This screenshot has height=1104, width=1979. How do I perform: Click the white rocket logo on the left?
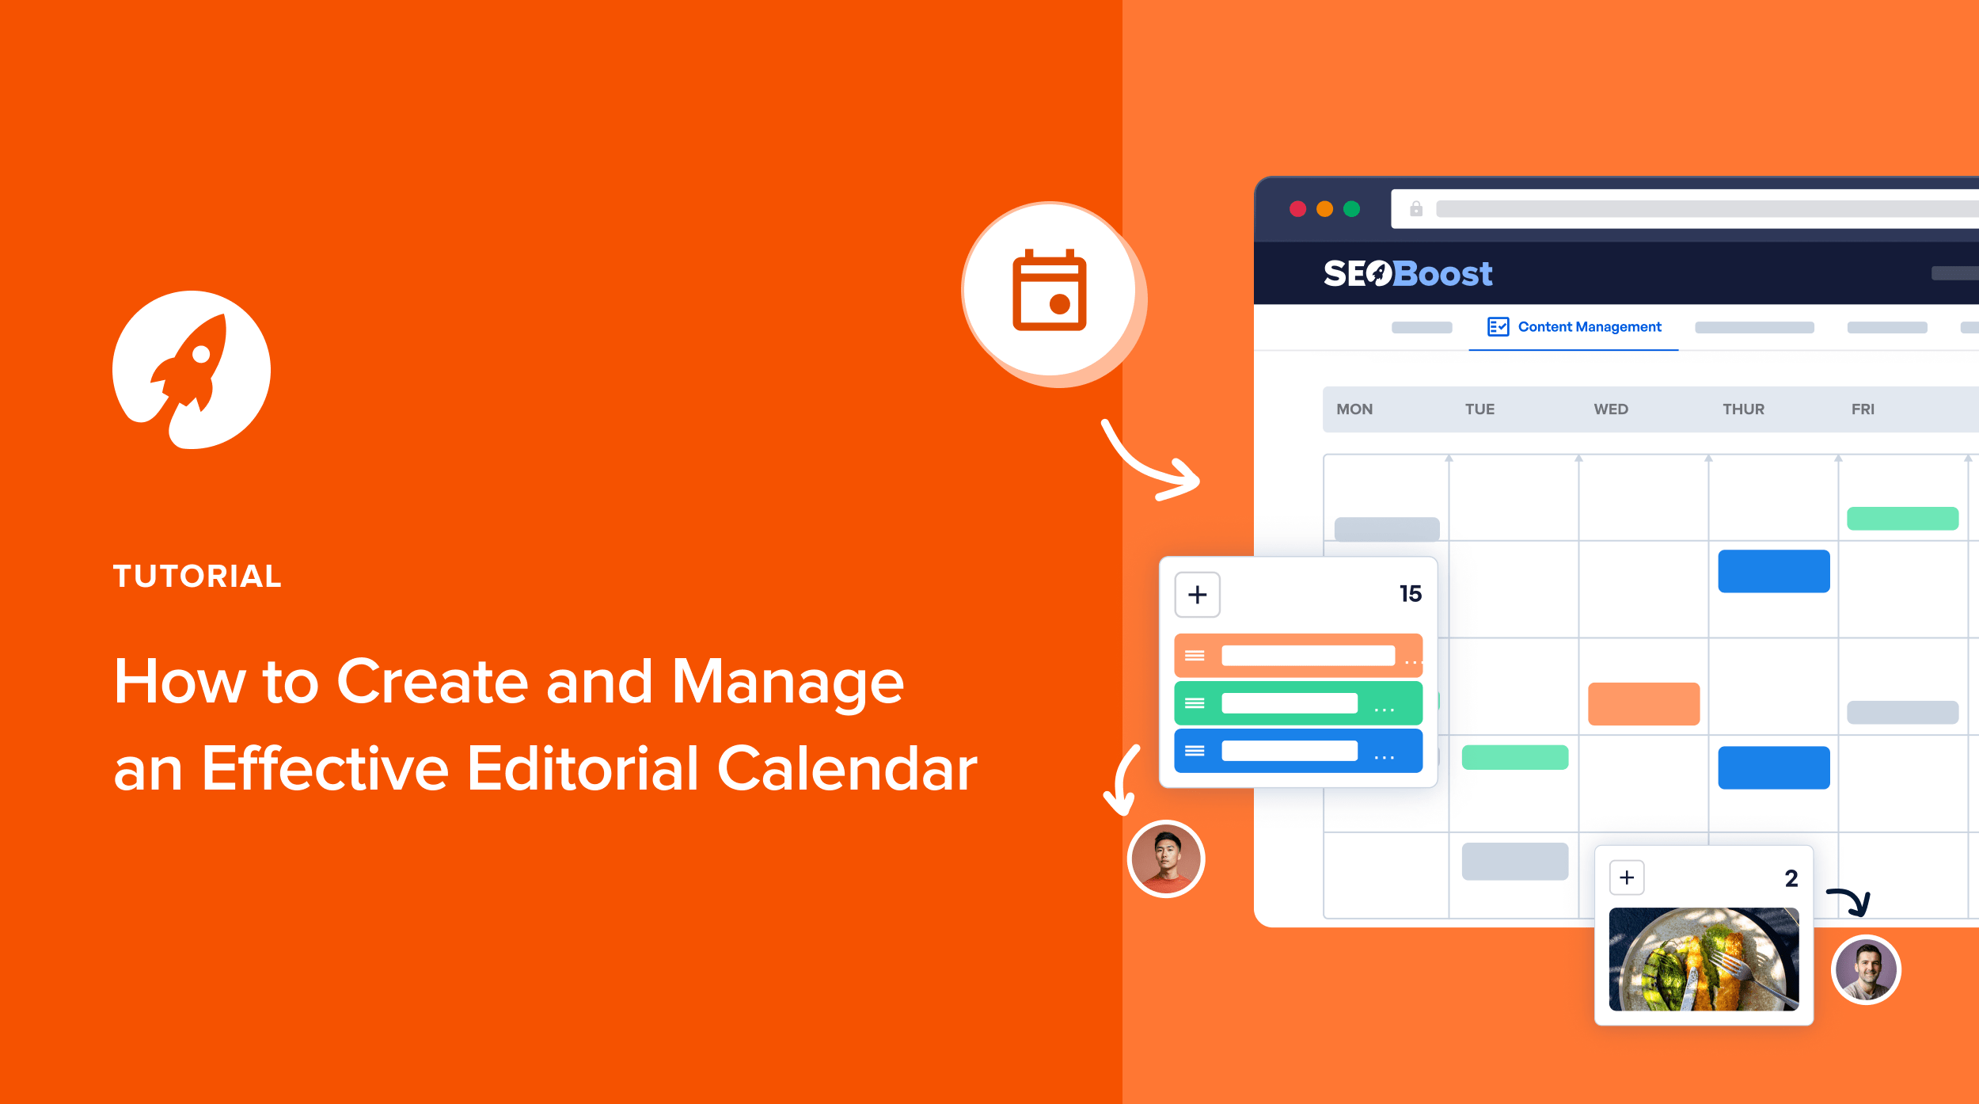(x=192, y=370)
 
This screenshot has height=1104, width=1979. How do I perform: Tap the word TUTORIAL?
(x=197, y=576)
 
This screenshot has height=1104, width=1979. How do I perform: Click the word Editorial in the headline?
(x=583, y=768)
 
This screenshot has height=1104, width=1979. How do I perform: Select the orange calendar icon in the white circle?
(x=1050, y=290)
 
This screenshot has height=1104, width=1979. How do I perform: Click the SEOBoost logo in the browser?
(x=1407, y=274)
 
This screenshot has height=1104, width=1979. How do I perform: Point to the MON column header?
(x=1354, y=409)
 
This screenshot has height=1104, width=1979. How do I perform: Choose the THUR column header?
(x=1743, y=409)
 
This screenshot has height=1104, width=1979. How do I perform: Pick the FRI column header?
(x=1863, y=409)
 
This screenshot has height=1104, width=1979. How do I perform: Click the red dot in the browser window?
(x=1297, y=209)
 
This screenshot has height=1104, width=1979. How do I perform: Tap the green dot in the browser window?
(x=1352, y=209)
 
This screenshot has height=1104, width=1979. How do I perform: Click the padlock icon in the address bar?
(x=1416, y=209)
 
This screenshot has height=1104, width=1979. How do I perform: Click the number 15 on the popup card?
(x=1411, y=594)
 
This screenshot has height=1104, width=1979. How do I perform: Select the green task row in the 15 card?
(x=1298, y=703)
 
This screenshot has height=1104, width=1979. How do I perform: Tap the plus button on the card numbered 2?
(x=1627, y=877)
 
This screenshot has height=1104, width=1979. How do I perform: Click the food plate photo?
(x=1704, y=959)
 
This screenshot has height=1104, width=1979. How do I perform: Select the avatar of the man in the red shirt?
(x=1166, y=859)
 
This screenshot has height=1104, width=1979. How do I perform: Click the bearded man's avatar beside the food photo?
(x=1866, y=970)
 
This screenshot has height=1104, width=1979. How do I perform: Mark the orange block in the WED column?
(x=1644, y=704)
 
